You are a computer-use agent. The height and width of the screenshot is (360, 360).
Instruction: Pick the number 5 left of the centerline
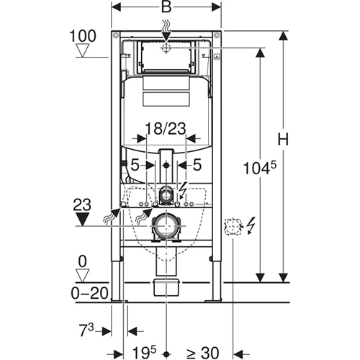pos(135,164)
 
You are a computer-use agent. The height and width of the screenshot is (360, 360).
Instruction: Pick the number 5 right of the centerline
pos(197,164)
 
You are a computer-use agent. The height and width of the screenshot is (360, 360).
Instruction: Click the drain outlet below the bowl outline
pos(166,286)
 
